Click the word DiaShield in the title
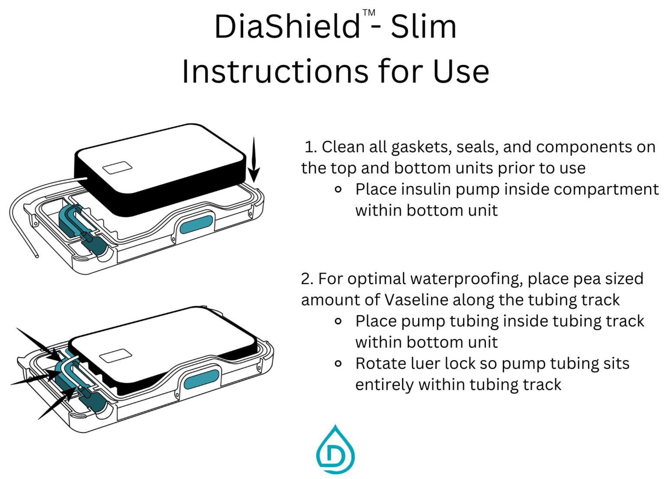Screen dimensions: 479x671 287,27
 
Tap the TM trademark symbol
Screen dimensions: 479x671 369,13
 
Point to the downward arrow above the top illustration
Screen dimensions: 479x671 254,160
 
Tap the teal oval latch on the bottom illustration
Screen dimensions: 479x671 202,380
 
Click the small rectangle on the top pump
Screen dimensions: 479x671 117,168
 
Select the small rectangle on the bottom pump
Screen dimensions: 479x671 116,355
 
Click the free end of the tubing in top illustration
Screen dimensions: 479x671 37,256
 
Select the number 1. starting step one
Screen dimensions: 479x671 311,147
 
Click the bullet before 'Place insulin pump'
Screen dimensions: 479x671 338,189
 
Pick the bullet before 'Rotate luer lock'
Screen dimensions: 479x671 338,364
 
